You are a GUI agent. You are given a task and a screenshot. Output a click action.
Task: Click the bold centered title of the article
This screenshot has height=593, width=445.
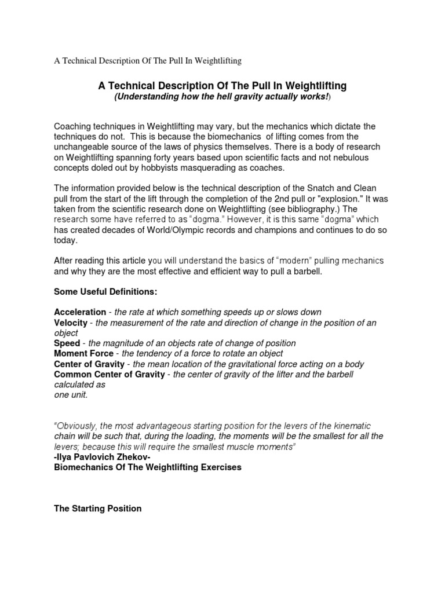[222, 86]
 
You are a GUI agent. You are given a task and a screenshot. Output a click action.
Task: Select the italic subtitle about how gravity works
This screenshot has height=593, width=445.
[222, 97]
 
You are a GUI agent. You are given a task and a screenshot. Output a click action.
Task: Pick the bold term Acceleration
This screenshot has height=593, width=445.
[80, 312]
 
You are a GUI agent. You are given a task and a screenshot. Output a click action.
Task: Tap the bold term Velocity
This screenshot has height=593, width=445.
[70, 323]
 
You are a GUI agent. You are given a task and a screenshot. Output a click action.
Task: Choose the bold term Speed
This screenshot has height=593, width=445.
[67, 343]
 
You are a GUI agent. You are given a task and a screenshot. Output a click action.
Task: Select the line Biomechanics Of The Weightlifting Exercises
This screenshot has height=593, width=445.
[147, 467]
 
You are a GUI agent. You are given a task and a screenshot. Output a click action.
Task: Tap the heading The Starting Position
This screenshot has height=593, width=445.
[97, 508]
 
